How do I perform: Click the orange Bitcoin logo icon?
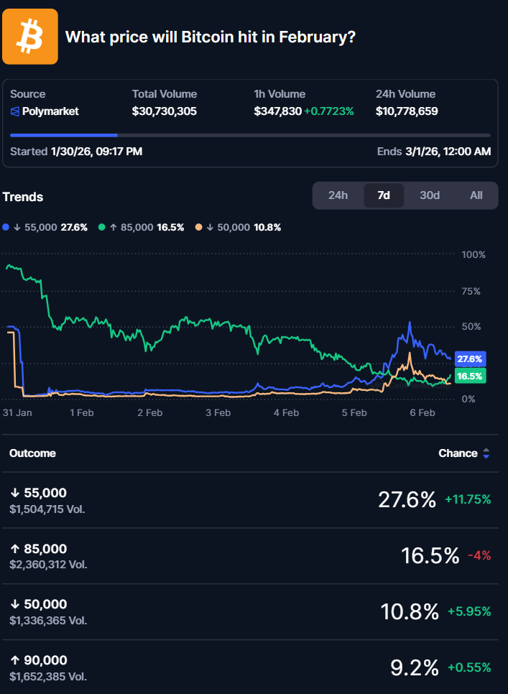pos(30,37)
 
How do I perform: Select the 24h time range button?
pos(338,195)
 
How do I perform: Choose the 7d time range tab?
pos(384,195)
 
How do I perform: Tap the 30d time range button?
pos(430,195)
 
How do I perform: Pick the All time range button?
pos(476,195)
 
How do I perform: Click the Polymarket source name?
pos(50,111)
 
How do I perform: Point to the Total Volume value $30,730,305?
pos(165,111)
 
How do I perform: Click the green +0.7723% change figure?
pos(329,111)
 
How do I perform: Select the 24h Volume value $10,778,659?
pos(407,111)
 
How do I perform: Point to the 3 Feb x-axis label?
pos(218,413)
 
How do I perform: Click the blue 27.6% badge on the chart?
pos(469,358)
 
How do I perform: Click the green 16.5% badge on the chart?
pos(469,376)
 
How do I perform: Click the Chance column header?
pos(458,453)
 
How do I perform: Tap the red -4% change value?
pos(479,555)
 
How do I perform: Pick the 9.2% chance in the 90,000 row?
pos(414,667)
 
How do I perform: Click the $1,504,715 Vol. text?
pos(48,509)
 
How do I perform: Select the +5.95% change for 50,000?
pos(469,611)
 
